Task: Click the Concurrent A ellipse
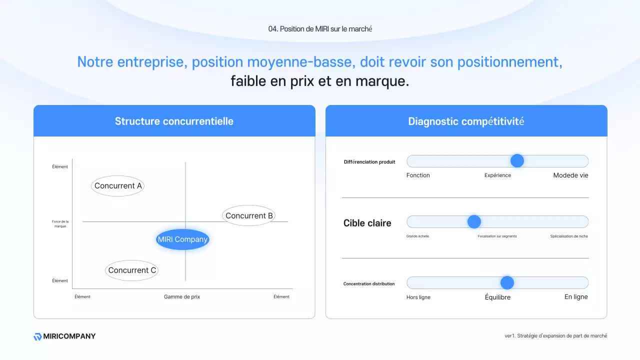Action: point(118,186)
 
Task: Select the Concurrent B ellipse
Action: point(249,216)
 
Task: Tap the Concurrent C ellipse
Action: point(132,270)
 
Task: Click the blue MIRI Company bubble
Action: point(182,239)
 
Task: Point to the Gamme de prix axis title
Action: point(182,297)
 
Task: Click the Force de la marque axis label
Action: point(60,224)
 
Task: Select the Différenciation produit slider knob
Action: point(517,161)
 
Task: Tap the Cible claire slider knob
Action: point(474,222)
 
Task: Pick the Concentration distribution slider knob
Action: point(507,283)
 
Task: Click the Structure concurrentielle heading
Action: point(174,121)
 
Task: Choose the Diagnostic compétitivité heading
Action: point(466,121)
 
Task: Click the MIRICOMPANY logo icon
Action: point(37,336)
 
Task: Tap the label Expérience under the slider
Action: point(497,175)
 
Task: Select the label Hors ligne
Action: point(418,297)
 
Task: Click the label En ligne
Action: point(576,297)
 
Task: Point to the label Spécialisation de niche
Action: point(569,236)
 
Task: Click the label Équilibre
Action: point(497,297)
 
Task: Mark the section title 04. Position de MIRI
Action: point(320,29)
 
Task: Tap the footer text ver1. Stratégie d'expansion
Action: point(556,336)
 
